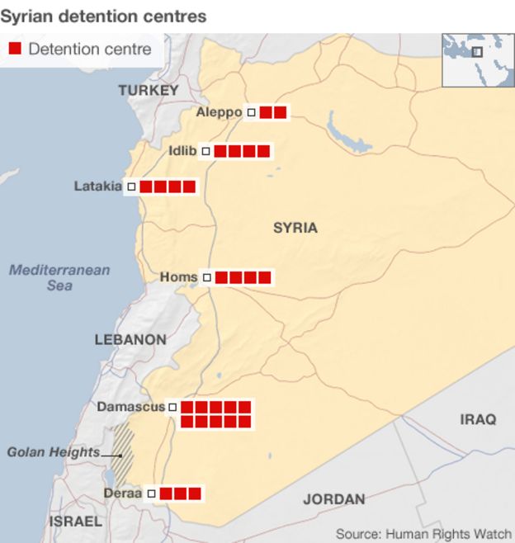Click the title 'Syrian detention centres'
(103, 16)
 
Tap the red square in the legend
(15, 49)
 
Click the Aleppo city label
(219, 112)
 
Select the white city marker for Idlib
(206, 151)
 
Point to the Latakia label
(97, 187)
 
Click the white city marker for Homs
(207, 278)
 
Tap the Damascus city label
(130, 407)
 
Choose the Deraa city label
(123, 493)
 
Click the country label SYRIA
(295, 228)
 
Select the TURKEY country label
(148, 90)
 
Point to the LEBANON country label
(130, 339)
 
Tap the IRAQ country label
(478, 419)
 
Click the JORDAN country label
(333, 499)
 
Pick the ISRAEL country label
(75, 522)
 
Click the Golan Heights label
(53, 452)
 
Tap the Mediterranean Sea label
(59, 277)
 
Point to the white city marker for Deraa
(151, 493)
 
